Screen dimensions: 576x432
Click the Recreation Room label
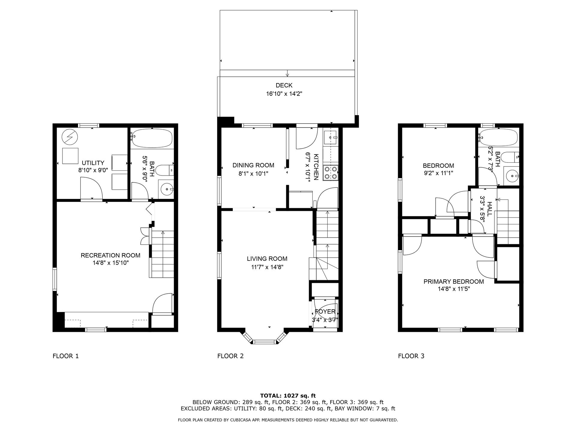tap(110, 255)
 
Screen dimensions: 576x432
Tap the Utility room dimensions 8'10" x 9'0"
tap(93, 170)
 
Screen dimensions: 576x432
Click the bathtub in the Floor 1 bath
tap(152, 138)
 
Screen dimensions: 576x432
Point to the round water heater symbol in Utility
tap(70, 137)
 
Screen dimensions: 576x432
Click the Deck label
tap(284, 85)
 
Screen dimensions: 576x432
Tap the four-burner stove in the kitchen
tap(331, 173)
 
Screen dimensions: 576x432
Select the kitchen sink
tap(331, 138)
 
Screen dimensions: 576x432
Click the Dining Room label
tap(253, 165)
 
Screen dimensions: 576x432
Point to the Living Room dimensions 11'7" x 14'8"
tap(267, 267)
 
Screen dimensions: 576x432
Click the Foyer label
tap(325, 312)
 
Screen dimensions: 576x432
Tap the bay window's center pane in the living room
tap(265, 342)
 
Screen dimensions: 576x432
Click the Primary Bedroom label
tap(454, 282)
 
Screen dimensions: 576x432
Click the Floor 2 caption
tap(230, 356)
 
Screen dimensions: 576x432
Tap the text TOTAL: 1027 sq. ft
tap(288, 396)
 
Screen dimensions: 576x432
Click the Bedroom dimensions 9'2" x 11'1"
tap(438, 173)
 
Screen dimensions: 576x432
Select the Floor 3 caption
tap(411, 356)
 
